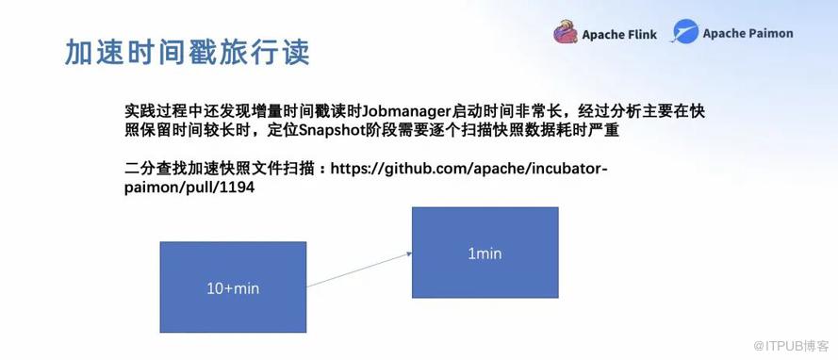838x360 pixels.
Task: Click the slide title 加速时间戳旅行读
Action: (x=187, y=53)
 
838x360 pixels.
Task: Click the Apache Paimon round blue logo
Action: (x=684, y=31)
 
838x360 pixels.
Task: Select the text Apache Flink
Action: (x=619, y=35)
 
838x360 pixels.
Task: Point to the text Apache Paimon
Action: (x=748, y=33)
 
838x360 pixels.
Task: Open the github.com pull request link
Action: (x=366, y=178)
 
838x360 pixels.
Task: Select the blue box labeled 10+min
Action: (x=233, y=286)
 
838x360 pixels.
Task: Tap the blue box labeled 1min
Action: (x=485, y=253)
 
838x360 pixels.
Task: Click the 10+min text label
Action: (x=233, y=288)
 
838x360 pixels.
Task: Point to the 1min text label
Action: (x=485, y=254)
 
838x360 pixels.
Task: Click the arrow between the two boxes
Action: (x=359, y=270)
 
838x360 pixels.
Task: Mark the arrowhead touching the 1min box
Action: (x=409, y=254)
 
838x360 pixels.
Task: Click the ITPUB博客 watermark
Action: (x=791, y=346)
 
